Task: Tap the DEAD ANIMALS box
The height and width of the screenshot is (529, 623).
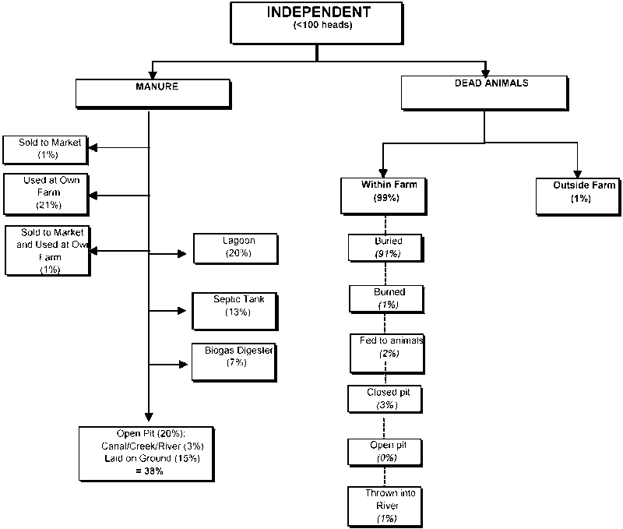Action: click(x=484, y=93)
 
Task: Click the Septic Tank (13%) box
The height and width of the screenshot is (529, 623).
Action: click(x=234, y=305)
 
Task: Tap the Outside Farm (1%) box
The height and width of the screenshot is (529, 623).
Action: click(x=578, y=195)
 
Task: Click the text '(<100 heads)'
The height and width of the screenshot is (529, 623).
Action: click(x=319, y=26)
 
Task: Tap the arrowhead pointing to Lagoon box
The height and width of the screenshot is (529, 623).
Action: click(x=183, y=254)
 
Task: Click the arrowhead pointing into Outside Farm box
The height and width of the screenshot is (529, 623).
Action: click(x=578, y=171)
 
